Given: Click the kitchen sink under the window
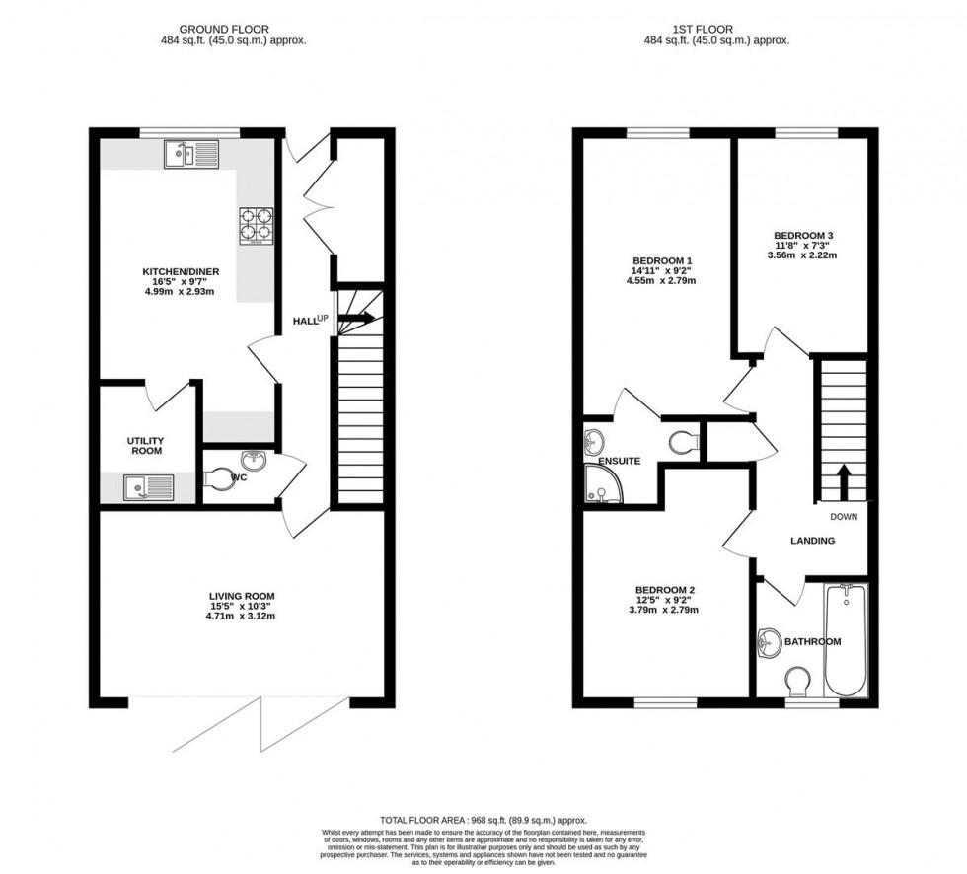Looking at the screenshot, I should pyautogui.click(x=191, y=153).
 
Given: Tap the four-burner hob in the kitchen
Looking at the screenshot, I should pyautogui.click(x=255, y=226).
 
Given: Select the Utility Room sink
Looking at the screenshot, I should pyautogui.click(x=148, y=485).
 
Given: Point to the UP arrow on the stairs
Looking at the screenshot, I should pyautogui.click(x=359, y=318).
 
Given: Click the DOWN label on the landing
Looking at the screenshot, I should pyautogui.click(x=843, y=516).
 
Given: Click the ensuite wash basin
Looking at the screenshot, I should pyautogui.click(x=597, y=439).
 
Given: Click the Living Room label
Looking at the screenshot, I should pyautogui.click(x=241, y=596).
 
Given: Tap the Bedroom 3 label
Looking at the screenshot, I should pyautogui.click(x=803, y=235).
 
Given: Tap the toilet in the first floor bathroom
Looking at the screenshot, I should pyautogui.click(x=798, y=682).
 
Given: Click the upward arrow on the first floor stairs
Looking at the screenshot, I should pyautogui.click(x=844, y=481).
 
